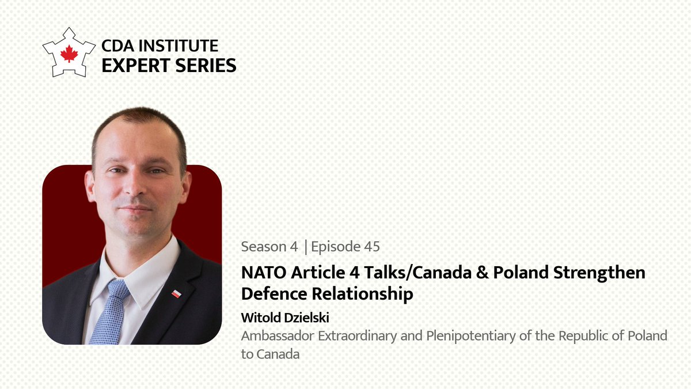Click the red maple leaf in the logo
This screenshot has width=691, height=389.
[69, 54]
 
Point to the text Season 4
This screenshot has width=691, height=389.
[269, 247]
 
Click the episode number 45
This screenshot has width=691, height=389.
[371, 247]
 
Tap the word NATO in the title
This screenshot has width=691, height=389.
[261, 272]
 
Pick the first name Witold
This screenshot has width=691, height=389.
[260, 318]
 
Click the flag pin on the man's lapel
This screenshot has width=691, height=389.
[177, 293]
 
